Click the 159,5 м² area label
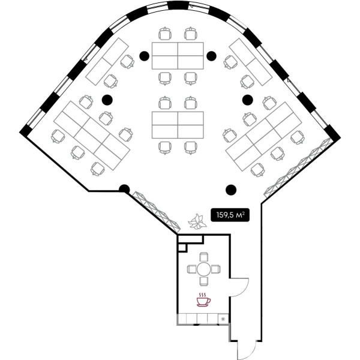coord(230,215)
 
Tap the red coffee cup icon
coord(203,299)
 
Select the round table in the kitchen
coord(203,269)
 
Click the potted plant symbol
coord(197,221)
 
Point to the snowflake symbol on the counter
coord(223,319)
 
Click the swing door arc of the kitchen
coord(245,290)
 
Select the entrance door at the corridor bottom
coord(247,350)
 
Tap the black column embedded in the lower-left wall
coord(124,190)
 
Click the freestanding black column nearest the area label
coord(231,190)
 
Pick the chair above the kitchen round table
coord(203,257)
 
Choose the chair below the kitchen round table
coord(203,281)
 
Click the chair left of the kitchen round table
coord(192,269)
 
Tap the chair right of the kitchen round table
coord(216,269)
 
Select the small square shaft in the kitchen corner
coord(182,248)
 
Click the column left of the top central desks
coord(144,56)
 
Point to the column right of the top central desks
coord(211,56)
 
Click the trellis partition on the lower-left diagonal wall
coord(157,211)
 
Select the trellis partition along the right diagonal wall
coord(298,168)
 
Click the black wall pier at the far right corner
coord(334,133)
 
